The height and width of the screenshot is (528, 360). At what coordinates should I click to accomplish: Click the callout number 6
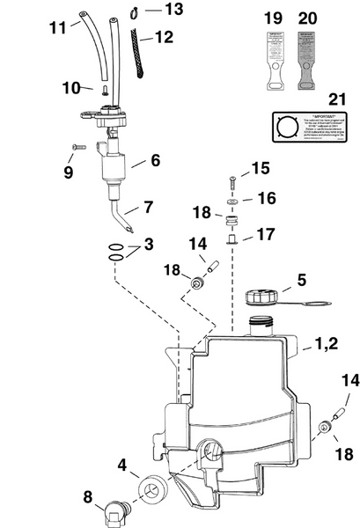pyautogui.click(x=155, y=161)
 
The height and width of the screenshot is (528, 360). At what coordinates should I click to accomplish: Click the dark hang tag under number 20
pyautogui.click(x=308, y=59)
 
